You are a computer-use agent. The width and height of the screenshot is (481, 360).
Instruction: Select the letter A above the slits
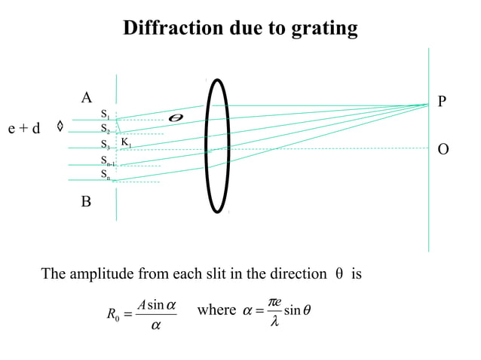[x=87, y=97]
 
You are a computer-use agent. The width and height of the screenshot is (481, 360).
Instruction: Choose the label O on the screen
[x=443, y=149]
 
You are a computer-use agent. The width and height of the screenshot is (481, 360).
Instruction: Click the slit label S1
[x=106, y=114]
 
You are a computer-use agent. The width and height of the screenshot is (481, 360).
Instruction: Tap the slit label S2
[x=106, y=130]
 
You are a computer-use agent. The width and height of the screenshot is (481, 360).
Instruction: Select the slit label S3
[x=106, y=145]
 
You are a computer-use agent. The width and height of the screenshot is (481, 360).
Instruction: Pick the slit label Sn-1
[x=108, y=160]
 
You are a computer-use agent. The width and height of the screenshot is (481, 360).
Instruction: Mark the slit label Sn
[x=106, y=175]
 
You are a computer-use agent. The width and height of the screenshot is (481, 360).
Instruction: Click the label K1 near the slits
[x=127, y=142]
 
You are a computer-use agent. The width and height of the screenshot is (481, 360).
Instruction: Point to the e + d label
[x=24, y=128]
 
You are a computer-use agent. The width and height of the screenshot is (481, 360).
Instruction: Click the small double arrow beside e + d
[x=60, y=127]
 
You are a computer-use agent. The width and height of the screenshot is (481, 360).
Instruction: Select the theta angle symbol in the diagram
[x=176, y=118]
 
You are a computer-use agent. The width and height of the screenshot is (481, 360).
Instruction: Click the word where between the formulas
[x=216, y=310]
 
